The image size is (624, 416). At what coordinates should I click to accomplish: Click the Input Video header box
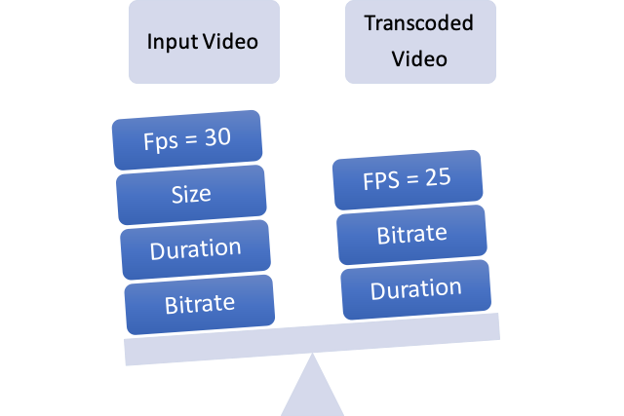click(204, 41)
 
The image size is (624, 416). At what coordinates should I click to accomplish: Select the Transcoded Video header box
click(420, 41)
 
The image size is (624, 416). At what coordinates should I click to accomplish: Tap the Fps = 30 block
click(187, 140)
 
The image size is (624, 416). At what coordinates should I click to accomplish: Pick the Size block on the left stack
click(191, 195)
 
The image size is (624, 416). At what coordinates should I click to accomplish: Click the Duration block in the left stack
click(195, 249)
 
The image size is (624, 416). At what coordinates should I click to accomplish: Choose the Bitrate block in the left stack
click(199, 305)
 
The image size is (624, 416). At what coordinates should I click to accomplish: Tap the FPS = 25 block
click(408, 180)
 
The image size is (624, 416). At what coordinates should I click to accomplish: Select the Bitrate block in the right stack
click(411, 235)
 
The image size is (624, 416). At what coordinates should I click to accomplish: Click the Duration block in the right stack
click(416, 289)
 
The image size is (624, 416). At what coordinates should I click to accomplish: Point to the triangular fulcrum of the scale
click(312, 388)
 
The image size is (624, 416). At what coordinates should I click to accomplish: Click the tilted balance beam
click(312, 339)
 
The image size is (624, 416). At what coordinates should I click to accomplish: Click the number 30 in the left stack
click(217, 137)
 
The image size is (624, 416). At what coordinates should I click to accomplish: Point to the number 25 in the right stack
click(438, 177)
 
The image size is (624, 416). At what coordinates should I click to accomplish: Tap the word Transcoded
click(418, 22)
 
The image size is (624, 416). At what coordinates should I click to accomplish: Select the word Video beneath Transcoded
click(419, 58)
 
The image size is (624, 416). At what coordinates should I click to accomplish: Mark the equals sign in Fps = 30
click(191, 139)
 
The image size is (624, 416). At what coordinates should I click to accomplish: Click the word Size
click(191, 195)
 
